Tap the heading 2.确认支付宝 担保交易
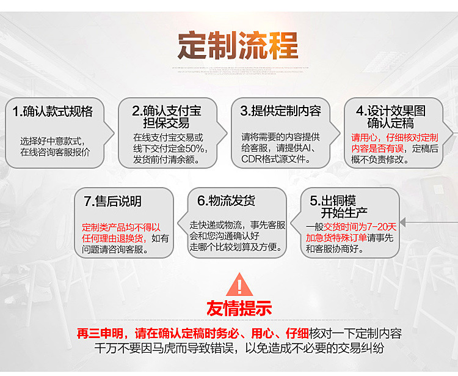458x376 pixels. click(167, 117)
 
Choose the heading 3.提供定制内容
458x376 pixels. click(280, 111)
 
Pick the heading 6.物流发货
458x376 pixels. click(226, 201)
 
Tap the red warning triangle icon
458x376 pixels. click(239, 286)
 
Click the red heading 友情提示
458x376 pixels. click(239, 309)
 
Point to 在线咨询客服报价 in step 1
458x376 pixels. click(54, 152)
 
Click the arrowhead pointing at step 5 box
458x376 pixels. click(404, 223)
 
